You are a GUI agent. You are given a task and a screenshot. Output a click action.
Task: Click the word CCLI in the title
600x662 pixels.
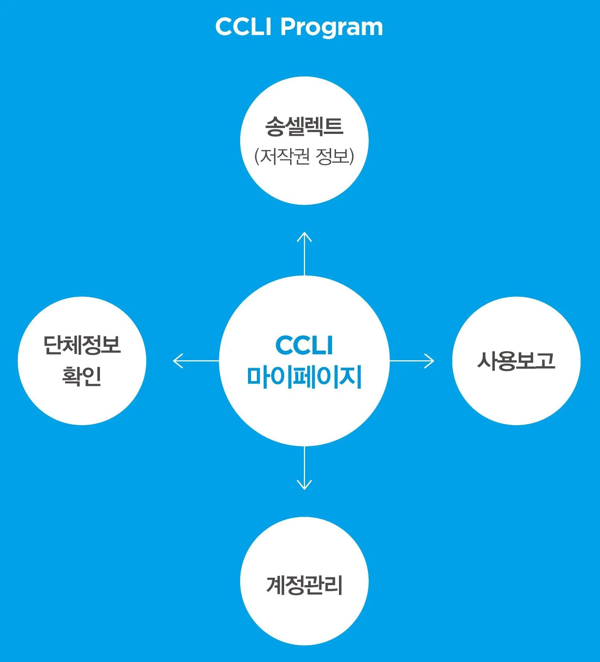(x=243, y=27)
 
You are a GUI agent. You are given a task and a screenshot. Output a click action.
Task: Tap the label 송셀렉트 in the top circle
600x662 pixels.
(x=304, y=126)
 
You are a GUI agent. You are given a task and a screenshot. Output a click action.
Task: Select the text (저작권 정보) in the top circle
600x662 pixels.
(x=304, y=156)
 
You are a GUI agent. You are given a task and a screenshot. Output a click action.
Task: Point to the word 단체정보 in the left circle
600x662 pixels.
(x=82, y=345)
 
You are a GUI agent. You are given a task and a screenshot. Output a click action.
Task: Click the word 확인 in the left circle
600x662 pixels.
(x=82, y=376)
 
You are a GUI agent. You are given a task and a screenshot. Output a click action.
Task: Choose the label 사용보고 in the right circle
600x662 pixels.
(x=516, y=361)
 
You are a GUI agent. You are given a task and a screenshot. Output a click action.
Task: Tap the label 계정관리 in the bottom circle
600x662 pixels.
(x=304, y=584)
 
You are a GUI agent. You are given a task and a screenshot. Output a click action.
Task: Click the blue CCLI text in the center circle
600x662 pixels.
(x=304, y=345)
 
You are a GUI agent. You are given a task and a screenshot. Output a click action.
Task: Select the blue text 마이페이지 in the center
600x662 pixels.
(x=304, y=377)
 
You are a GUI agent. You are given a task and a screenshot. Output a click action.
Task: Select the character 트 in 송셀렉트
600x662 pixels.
(x=333, y=126)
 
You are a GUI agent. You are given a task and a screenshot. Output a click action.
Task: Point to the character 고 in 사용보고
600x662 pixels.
(x=545, y=361)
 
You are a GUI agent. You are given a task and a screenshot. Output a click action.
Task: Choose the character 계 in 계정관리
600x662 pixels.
(x=276, y=584)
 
